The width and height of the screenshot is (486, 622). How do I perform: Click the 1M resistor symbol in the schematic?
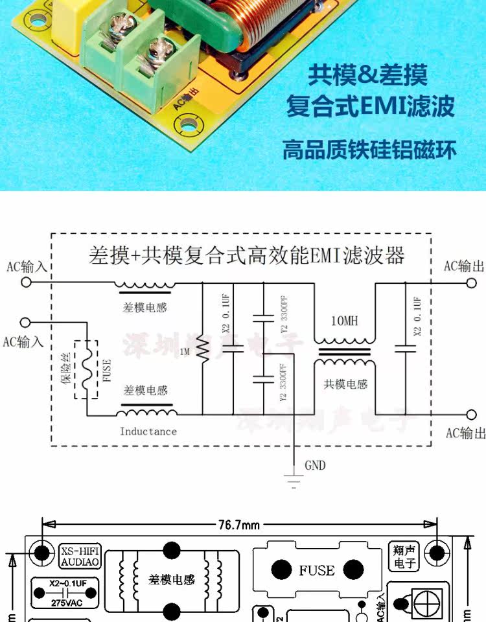202,350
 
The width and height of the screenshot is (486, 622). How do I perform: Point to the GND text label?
315,465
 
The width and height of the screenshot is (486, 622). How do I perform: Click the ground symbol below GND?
294,480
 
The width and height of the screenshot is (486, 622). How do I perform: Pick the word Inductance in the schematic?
148,431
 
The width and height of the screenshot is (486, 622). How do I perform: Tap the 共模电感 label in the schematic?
345,384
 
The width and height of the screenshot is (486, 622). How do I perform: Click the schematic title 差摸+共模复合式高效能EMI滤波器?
247,255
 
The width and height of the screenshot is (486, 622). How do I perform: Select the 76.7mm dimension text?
239,525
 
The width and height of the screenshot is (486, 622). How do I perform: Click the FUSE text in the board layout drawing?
317,570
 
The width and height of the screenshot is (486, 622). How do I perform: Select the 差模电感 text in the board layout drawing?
172,579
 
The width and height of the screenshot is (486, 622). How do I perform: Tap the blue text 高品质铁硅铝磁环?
369,150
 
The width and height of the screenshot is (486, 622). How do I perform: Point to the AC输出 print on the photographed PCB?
186,101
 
